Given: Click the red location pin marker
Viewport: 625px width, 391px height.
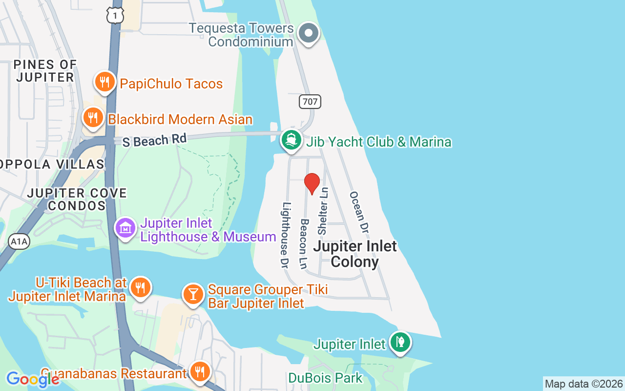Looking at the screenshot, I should tap(312, 183).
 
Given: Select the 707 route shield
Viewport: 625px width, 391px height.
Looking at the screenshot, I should tap(310, 102).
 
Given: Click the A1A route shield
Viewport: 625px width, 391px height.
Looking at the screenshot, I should tap(19, 241).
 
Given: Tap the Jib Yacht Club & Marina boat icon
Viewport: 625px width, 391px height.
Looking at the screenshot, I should tap(292, 140).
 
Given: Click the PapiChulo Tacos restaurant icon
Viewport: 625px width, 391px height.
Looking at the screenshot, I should tap(104, 82).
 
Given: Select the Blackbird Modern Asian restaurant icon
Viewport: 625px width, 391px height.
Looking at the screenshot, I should tap(92, 118).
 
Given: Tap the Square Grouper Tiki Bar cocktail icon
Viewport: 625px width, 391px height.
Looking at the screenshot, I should tap(193, 294).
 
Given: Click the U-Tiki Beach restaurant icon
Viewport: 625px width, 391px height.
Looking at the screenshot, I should tap(140, 287).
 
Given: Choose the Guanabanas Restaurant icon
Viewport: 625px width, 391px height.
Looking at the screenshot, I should tap(199, 372).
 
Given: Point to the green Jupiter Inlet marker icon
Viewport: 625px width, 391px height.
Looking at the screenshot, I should tap(400, 342).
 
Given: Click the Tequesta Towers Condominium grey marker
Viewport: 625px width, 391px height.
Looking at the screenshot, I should tap(309, 33).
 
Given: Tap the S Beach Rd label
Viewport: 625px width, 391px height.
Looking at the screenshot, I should tap(155, 140).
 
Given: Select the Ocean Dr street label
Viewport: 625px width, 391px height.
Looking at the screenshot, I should tap(359, 212).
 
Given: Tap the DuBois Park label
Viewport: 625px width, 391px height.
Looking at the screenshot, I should tap(325, 378).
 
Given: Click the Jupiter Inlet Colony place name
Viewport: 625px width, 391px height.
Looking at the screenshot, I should tap(355, 254).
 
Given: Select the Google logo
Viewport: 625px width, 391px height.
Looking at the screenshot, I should tap(32, 379).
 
